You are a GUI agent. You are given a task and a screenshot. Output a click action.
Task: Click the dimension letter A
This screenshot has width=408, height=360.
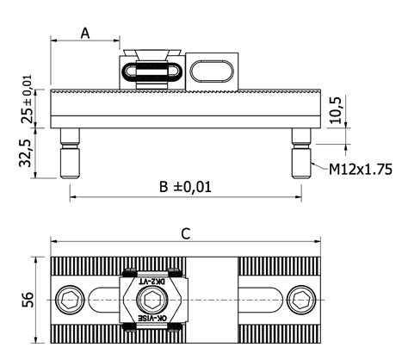[x=85, y=34]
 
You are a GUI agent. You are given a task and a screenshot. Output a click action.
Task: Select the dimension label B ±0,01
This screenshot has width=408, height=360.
[x=185, y=187]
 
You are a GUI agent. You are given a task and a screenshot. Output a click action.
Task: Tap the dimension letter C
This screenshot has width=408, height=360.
[x=186, y=234]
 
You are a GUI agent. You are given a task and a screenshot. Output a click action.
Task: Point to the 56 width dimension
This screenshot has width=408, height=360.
[x=28, y=300]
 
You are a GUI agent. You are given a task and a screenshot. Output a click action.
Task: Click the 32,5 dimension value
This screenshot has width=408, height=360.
[x=25, y=153]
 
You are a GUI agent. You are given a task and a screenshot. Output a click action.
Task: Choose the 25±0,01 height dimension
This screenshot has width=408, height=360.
[x=27, y=99]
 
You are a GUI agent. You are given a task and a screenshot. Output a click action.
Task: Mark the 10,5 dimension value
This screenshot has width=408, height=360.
[x=336, y=110]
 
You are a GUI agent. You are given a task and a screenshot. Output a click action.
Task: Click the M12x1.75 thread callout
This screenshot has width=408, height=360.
[x=361, y=169]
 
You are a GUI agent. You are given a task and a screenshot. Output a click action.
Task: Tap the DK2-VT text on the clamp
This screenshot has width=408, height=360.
[x=152, y=282]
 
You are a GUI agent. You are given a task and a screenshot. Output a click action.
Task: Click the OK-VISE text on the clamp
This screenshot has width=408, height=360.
[x=152, y=318]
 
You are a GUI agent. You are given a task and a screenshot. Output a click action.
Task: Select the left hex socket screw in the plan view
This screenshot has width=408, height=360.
[x=70, y=300]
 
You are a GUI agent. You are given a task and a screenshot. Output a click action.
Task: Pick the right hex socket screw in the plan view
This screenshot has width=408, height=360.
[x=301, y=300]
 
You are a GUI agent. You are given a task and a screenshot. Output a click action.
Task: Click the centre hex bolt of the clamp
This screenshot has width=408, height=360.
[x=151, y=300]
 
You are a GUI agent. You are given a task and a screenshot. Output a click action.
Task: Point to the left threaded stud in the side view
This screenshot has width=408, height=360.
[x=70, y=153]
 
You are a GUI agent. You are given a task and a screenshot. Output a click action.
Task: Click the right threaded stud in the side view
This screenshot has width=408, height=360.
[x=301, y=153]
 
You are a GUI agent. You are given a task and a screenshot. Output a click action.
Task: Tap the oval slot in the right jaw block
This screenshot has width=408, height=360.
[x=212, y=71]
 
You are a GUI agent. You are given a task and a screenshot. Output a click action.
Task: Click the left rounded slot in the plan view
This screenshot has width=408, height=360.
[x=103, y=300]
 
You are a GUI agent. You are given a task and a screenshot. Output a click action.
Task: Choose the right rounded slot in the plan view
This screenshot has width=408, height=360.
[x=263, y=300]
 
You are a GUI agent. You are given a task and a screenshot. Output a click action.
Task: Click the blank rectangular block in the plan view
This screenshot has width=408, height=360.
[x=212, y=300]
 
